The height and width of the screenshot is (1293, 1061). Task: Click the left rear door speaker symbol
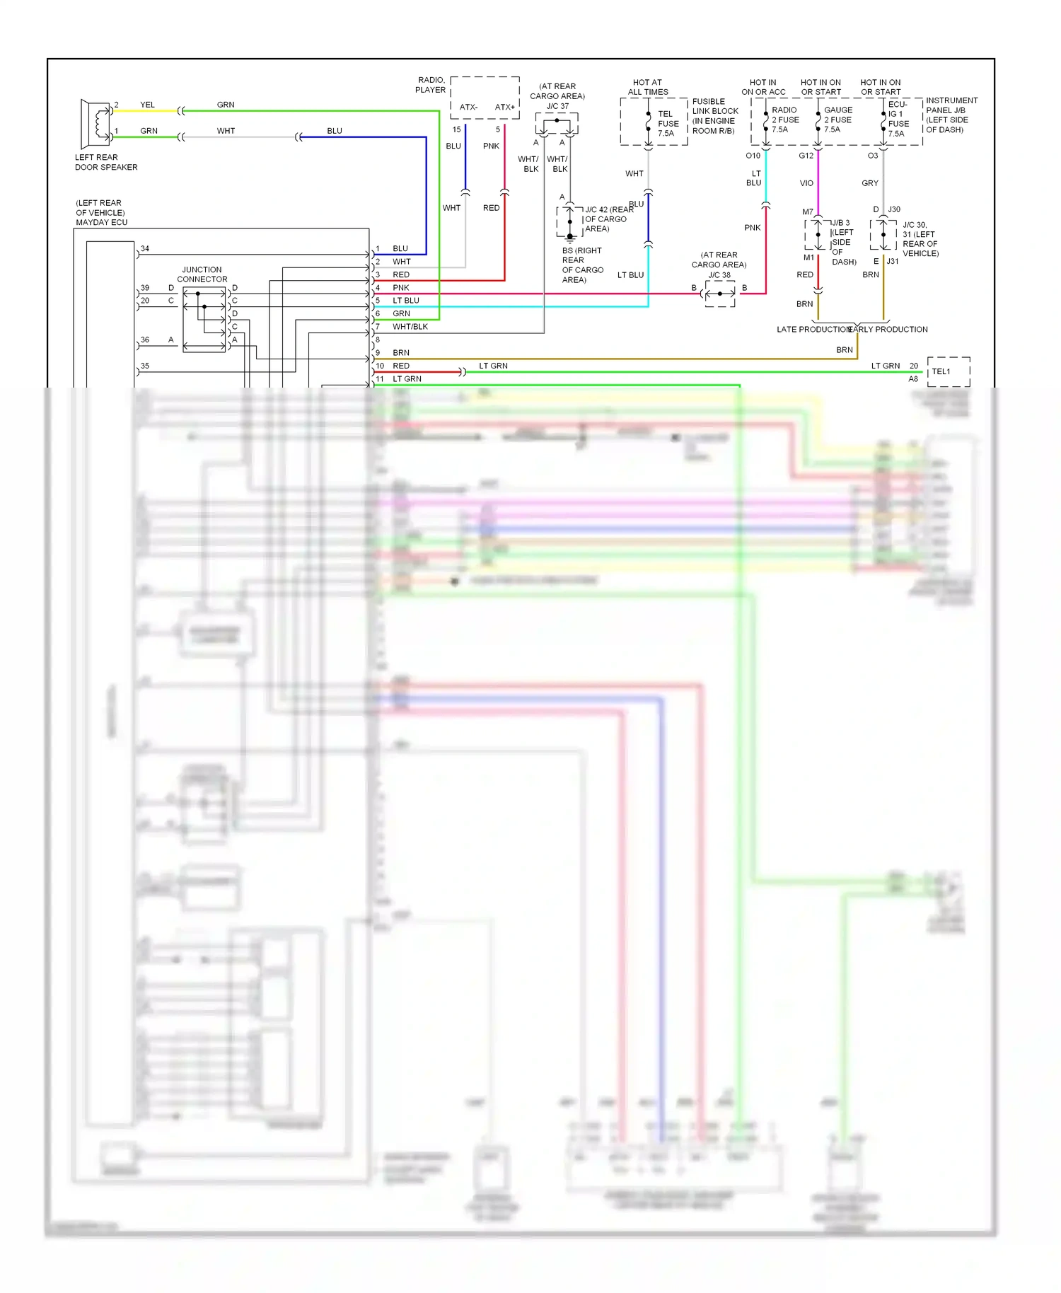tap(95, 122)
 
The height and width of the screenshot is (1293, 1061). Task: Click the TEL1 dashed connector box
tap(948, 372)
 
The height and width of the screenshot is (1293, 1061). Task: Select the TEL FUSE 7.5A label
tap(668, 123)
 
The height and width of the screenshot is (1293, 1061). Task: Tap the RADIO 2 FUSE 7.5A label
tap(784, 120)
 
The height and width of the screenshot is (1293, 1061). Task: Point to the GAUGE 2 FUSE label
tap(837, 120)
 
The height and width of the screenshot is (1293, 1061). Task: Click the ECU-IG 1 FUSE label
tap(898, 119)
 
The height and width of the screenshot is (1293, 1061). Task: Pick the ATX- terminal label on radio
tap(468, 108)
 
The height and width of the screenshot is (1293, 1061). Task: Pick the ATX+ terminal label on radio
tap(504, 108)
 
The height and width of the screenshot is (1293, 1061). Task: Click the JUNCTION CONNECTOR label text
tap(202, 274)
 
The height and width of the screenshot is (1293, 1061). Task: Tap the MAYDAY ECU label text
tap(101, 222)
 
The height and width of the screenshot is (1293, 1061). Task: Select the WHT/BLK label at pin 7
tap(410, 327)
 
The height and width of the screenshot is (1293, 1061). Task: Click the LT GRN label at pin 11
tap(407, 379)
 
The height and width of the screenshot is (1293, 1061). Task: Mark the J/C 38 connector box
tap(720, 294)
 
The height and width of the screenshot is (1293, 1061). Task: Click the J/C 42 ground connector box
tap(569, 222)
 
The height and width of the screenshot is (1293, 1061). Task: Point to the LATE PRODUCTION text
tap(813, 330)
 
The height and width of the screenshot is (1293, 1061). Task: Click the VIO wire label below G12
tap(806, 183)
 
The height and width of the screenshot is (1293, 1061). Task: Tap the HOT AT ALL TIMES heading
tap(647, 87)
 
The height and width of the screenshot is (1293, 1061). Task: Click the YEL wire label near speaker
tap(147, 105)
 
